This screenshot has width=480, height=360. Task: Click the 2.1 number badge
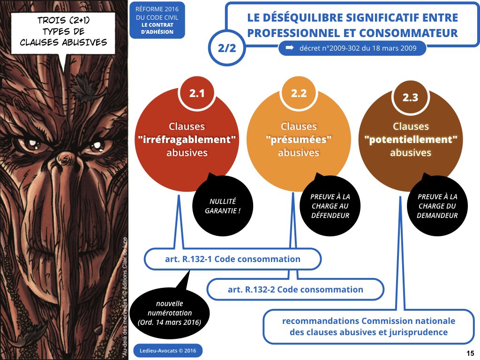click(197, 94)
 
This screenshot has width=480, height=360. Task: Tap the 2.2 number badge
click(299, 93)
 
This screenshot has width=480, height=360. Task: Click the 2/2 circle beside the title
click(226, 47)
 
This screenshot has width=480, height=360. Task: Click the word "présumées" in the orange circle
click(299, 140)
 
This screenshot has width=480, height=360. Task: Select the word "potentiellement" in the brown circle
click(411, 140)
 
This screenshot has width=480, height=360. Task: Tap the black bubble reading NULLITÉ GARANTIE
click(222, 206)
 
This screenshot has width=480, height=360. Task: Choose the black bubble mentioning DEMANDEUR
click(437, 206)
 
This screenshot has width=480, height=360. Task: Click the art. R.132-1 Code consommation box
click(232, 259)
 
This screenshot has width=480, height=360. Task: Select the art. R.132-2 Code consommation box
click(295, 289)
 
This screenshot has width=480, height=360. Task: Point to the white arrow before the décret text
click(290, 48)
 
